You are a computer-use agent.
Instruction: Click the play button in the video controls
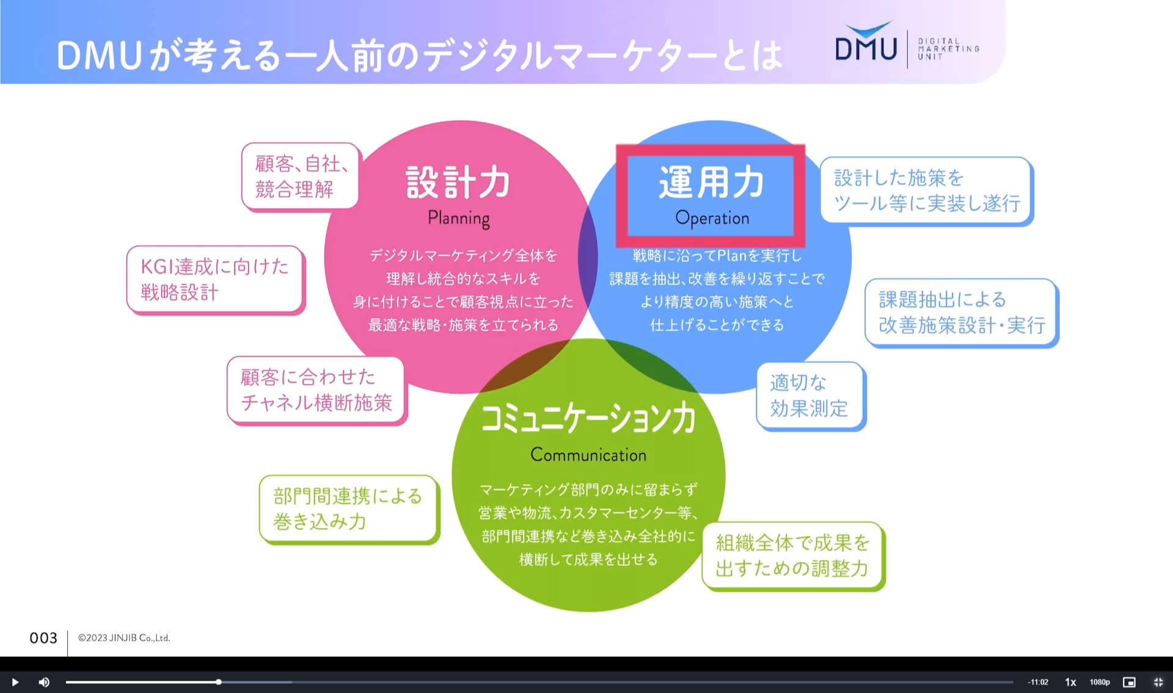15,682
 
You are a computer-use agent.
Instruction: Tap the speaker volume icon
44,682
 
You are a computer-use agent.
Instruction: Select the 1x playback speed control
1070,682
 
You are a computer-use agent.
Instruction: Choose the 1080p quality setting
1100,682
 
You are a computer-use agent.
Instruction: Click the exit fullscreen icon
1158,682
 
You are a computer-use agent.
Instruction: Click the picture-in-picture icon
1129,682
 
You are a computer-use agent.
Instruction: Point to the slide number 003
43,638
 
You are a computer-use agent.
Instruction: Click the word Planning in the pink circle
459,218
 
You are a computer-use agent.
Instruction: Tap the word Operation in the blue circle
712,218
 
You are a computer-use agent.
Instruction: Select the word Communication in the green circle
588,455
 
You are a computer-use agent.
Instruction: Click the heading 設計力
458,182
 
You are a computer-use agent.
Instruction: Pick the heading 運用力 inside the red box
711,182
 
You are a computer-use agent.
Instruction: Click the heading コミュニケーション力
588,418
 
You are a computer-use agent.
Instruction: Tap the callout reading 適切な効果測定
809,396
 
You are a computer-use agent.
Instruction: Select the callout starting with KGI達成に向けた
214,279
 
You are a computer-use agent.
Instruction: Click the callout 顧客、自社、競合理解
300,176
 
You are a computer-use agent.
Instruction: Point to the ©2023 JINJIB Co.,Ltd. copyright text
124,638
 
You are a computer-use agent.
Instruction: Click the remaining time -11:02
1038,682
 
